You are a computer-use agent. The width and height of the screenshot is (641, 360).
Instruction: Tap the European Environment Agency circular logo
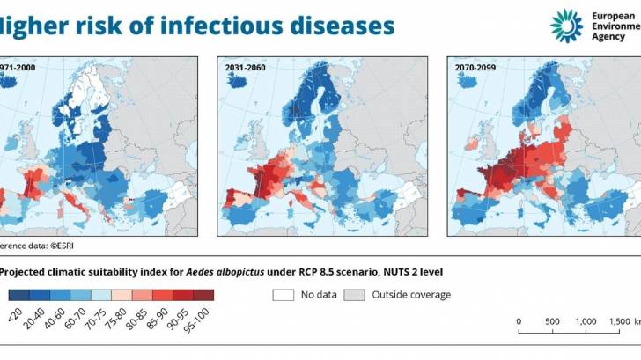click(566, 26)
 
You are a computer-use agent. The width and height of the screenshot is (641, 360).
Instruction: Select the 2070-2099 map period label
click(477, 66)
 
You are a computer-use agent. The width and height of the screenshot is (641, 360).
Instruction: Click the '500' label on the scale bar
click(552, 320)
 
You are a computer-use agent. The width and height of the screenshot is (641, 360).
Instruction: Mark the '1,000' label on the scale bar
click(586, 320)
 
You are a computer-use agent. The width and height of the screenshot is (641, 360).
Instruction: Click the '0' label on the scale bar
click(519, 320)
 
